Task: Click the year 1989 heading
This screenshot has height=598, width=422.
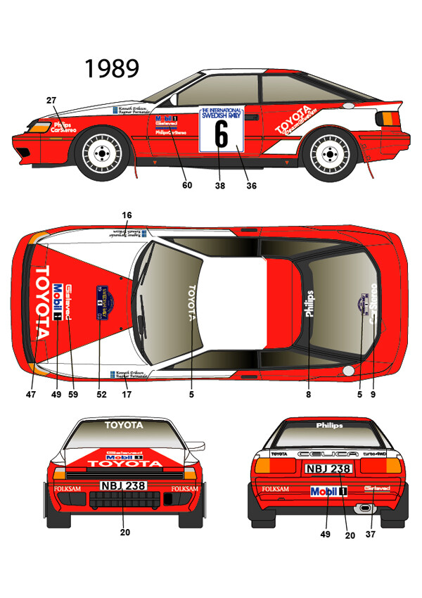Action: click(112, 68)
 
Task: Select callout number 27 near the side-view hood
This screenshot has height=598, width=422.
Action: click(51, 101)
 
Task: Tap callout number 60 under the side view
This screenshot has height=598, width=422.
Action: click(186, 186)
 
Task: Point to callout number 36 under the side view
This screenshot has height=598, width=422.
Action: click(251, 186)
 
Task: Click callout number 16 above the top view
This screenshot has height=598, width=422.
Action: click(127, 215)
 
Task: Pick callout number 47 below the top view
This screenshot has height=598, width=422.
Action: click(31, 395)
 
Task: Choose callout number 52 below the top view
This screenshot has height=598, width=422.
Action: click(101, 395)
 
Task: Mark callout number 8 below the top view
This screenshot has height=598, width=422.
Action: click(308, 395)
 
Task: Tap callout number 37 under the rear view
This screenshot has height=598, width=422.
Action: click(371, 535)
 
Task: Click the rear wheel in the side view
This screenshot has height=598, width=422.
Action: click(328, 153)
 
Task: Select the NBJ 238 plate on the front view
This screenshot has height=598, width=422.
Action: click(123, 485)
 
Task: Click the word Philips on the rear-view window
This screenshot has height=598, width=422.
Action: click(329, 426)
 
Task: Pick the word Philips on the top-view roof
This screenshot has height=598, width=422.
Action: click(309, 303)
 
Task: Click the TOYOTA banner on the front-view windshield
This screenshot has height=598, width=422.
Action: click(124, 425)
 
